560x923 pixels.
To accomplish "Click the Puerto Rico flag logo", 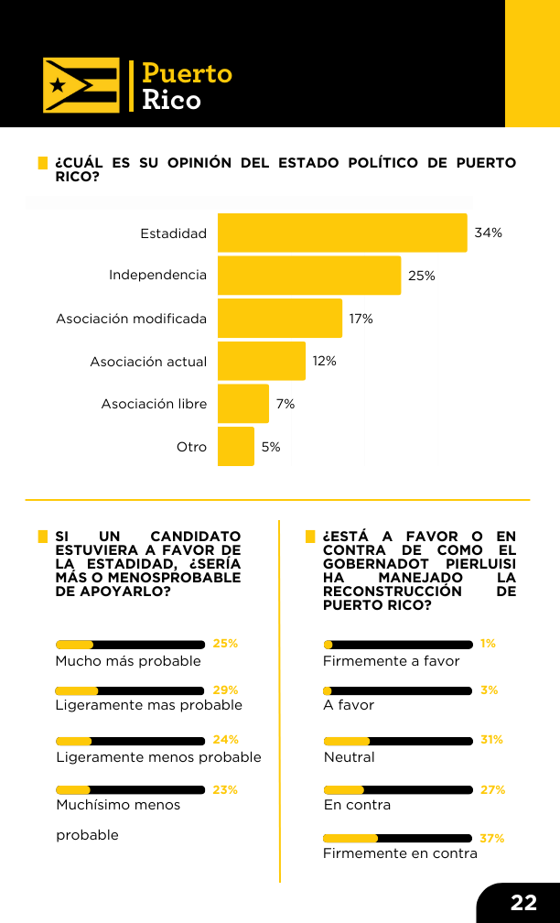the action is click(81, 85).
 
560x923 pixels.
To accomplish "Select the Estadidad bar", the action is click(342, 233).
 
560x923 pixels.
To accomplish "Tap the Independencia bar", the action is click(309, 276).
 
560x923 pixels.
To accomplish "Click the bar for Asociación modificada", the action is click(280, 319).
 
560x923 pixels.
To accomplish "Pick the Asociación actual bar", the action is click(262, 361).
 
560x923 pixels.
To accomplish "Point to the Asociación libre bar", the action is click(243, 404).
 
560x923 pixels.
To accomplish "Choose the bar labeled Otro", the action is click(236, 446).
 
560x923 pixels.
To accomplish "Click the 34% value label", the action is click(489, 233).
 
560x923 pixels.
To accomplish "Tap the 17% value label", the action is click(361, 319).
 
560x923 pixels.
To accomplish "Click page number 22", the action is click(523, 903).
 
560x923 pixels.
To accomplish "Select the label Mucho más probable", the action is click(128, 661).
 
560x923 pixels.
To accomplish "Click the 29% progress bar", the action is click(130, 691).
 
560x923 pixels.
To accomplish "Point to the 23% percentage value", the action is click(225, 790).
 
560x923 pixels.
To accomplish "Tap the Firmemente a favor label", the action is click(392, 661).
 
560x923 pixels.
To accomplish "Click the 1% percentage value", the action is click(489, 644).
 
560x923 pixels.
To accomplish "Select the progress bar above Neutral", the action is click(398, 741).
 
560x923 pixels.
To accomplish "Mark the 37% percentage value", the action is click(491, 838).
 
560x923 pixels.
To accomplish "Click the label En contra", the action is click(357, 805).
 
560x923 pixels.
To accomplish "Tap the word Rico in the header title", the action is click(171, 100).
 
